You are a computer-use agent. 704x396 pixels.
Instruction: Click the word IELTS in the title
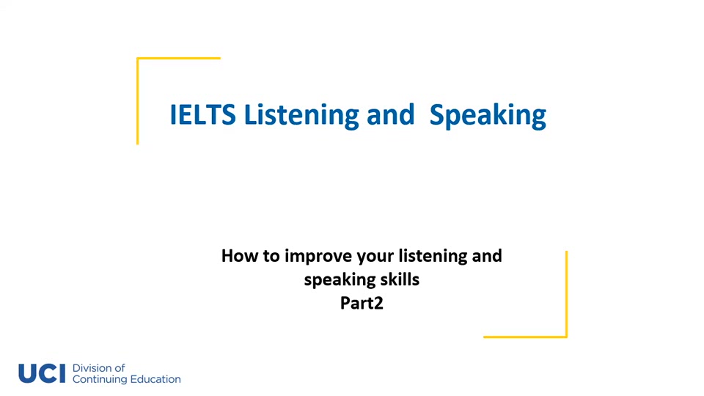pyautogui.click(x=202, y=115)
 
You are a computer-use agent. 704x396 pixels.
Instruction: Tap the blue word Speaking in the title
pyautogui.click(x=488, y=116)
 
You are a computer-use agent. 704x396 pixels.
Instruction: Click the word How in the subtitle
pyautogui.click(x=238, y=256)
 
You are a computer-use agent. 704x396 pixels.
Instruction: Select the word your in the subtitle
pyautogui.click(x=375, y=257)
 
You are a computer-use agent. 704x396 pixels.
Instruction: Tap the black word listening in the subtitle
pyautogui.click(x=433, y=257)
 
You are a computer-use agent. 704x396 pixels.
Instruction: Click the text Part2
pyautogui.click(x=362, y=302)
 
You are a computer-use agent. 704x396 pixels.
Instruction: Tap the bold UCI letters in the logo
pyautogui.click(x=42, y=373)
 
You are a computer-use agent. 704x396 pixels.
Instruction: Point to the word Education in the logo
pyautogui.click(x=155, y=379)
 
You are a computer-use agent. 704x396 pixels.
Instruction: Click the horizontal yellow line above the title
pyautogui.click(x=178, y=58)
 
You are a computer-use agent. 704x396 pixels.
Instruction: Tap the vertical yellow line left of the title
pyautogui.click(x=137, y=101)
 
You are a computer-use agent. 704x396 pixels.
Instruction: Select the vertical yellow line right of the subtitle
pyautogui.click(x=566, y=293)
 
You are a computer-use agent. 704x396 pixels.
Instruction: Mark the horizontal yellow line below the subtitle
pyautogui.click(x=525, y=337)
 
